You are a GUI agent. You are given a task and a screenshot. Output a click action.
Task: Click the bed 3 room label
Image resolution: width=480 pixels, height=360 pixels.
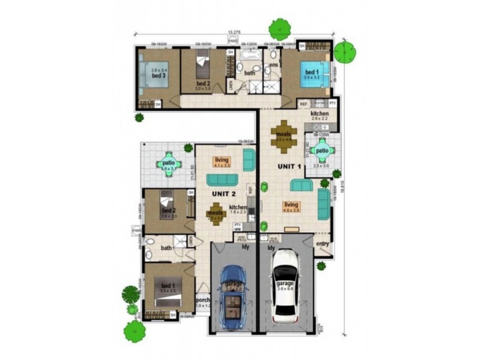(x=158, y=77)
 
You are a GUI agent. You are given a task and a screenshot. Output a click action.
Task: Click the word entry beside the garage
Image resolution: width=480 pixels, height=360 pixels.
(x=323, y=244)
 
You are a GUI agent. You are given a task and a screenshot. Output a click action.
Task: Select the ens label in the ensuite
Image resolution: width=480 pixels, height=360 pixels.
(x=274, y=64)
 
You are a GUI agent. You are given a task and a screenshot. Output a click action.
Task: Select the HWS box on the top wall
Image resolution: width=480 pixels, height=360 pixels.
(x=232, y=41)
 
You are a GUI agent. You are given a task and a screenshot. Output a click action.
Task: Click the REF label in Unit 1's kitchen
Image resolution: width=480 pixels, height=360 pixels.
(x=303, y=103)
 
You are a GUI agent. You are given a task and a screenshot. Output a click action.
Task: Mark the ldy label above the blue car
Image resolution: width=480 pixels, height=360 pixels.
(x=245, y=247)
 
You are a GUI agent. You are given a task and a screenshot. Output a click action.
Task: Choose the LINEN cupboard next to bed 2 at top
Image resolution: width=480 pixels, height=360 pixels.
(x=229, y=85)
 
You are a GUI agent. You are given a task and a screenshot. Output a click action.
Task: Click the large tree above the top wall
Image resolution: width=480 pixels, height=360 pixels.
(x=280, y=28)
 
